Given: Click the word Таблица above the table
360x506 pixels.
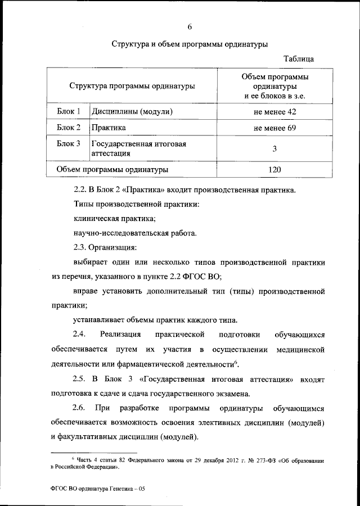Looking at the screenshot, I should click(x=299, y=58).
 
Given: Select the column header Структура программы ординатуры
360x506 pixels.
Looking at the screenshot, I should click(x=132, y=86).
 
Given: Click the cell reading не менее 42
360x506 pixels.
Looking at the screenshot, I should click(x=274, y=112).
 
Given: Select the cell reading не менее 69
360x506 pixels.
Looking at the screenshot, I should click(x=274, y=128).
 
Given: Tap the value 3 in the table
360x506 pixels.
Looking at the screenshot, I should click(x=274, y=149).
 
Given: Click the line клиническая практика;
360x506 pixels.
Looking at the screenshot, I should click(x=114, y=218).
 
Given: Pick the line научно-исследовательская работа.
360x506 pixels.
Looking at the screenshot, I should click(x=135, y=232).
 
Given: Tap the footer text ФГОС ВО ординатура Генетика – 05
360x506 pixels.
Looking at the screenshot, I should click(x=97, y=489).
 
